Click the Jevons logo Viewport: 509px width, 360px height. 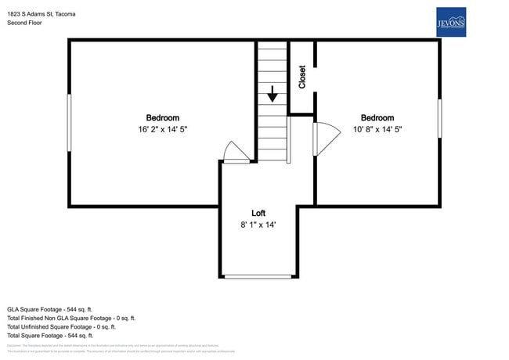[x=450, y=23]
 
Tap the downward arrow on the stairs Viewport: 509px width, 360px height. [x=272, y=94]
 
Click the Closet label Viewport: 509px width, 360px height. [x=302, y=77]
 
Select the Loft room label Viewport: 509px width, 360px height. [x=258, y=213]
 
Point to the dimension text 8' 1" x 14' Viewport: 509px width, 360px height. [x=258, y=225]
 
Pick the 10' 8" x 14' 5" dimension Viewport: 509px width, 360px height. [x=377, y=129]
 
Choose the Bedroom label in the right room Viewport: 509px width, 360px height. [x=377, y=117]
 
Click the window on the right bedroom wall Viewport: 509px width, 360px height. [x=439, y=118]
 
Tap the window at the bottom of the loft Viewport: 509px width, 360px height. [x=258, y=276]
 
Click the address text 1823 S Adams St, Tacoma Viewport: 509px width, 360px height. [x=42, y=13]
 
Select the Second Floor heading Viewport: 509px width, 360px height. [x=24, y=23]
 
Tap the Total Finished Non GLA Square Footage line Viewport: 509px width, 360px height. [x=71, y=319]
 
